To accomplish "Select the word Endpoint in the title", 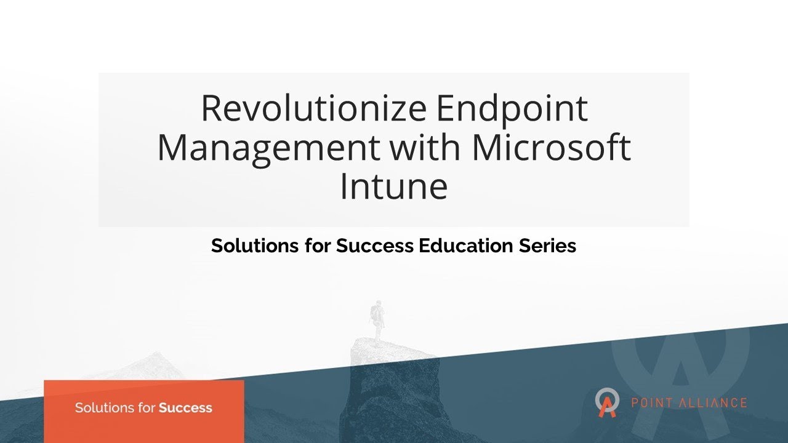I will click(x=512, y=109).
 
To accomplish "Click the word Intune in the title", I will click(x=393, y=187).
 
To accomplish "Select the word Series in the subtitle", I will click(x=549, y=246).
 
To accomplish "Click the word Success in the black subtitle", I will click(x=375, y=246).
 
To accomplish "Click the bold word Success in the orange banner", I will click(x=185, y=407).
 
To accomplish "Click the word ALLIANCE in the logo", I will click(x=714, y=404).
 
